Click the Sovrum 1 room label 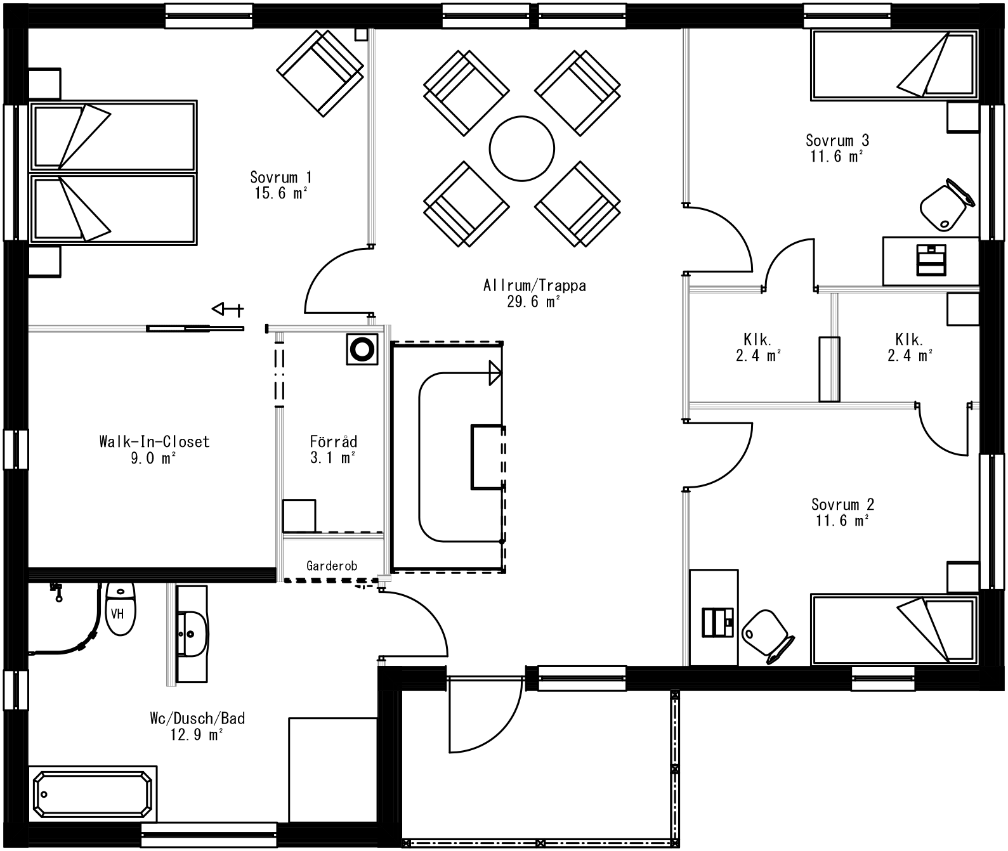280,185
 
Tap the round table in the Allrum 521,148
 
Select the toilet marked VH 120,609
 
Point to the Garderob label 332,566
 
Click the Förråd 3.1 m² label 333,449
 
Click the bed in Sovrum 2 894,630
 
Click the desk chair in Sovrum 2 766,635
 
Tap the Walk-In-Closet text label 154,449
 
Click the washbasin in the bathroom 192,633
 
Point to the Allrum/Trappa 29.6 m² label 534,293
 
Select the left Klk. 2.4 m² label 757,346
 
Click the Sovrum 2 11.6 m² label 842,512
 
